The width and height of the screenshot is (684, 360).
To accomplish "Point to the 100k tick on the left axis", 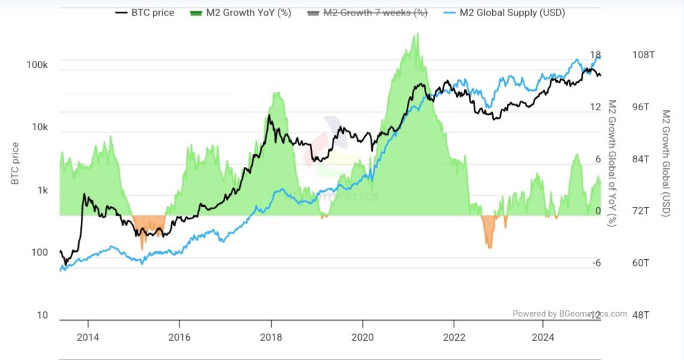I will [37, 65].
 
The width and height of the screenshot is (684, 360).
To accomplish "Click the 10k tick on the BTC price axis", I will [39, 128].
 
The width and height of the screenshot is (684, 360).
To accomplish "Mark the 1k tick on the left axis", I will [41, 190].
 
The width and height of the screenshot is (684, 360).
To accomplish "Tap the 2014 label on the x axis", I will [88, 337].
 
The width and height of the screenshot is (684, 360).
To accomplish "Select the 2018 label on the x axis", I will [271, 337].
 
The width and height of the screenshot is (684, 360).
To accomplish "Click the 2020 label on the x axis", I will [362, 337].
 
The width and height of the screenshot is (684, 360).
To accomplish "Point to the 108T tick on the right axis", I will [643, 55].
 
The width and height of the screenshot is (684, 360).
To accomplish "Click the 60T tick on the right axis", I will [641, 262].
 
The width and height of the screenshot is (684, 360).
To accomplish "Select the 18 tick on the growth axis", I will [596, 55].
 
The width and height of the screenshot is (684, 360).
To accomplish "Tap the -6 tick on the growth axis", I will [596, 262].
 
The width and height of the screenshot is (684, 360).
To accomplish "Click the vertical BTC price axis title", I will [15, 164].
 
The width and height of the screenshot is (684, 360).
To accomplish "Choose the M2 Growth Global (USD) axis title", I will [665, 164].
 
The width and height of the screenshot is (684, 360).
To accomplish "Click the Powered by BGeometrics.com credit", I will [570, 313].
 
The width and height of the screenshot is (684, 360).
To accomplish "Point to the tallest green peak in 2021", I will [415, 40].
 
